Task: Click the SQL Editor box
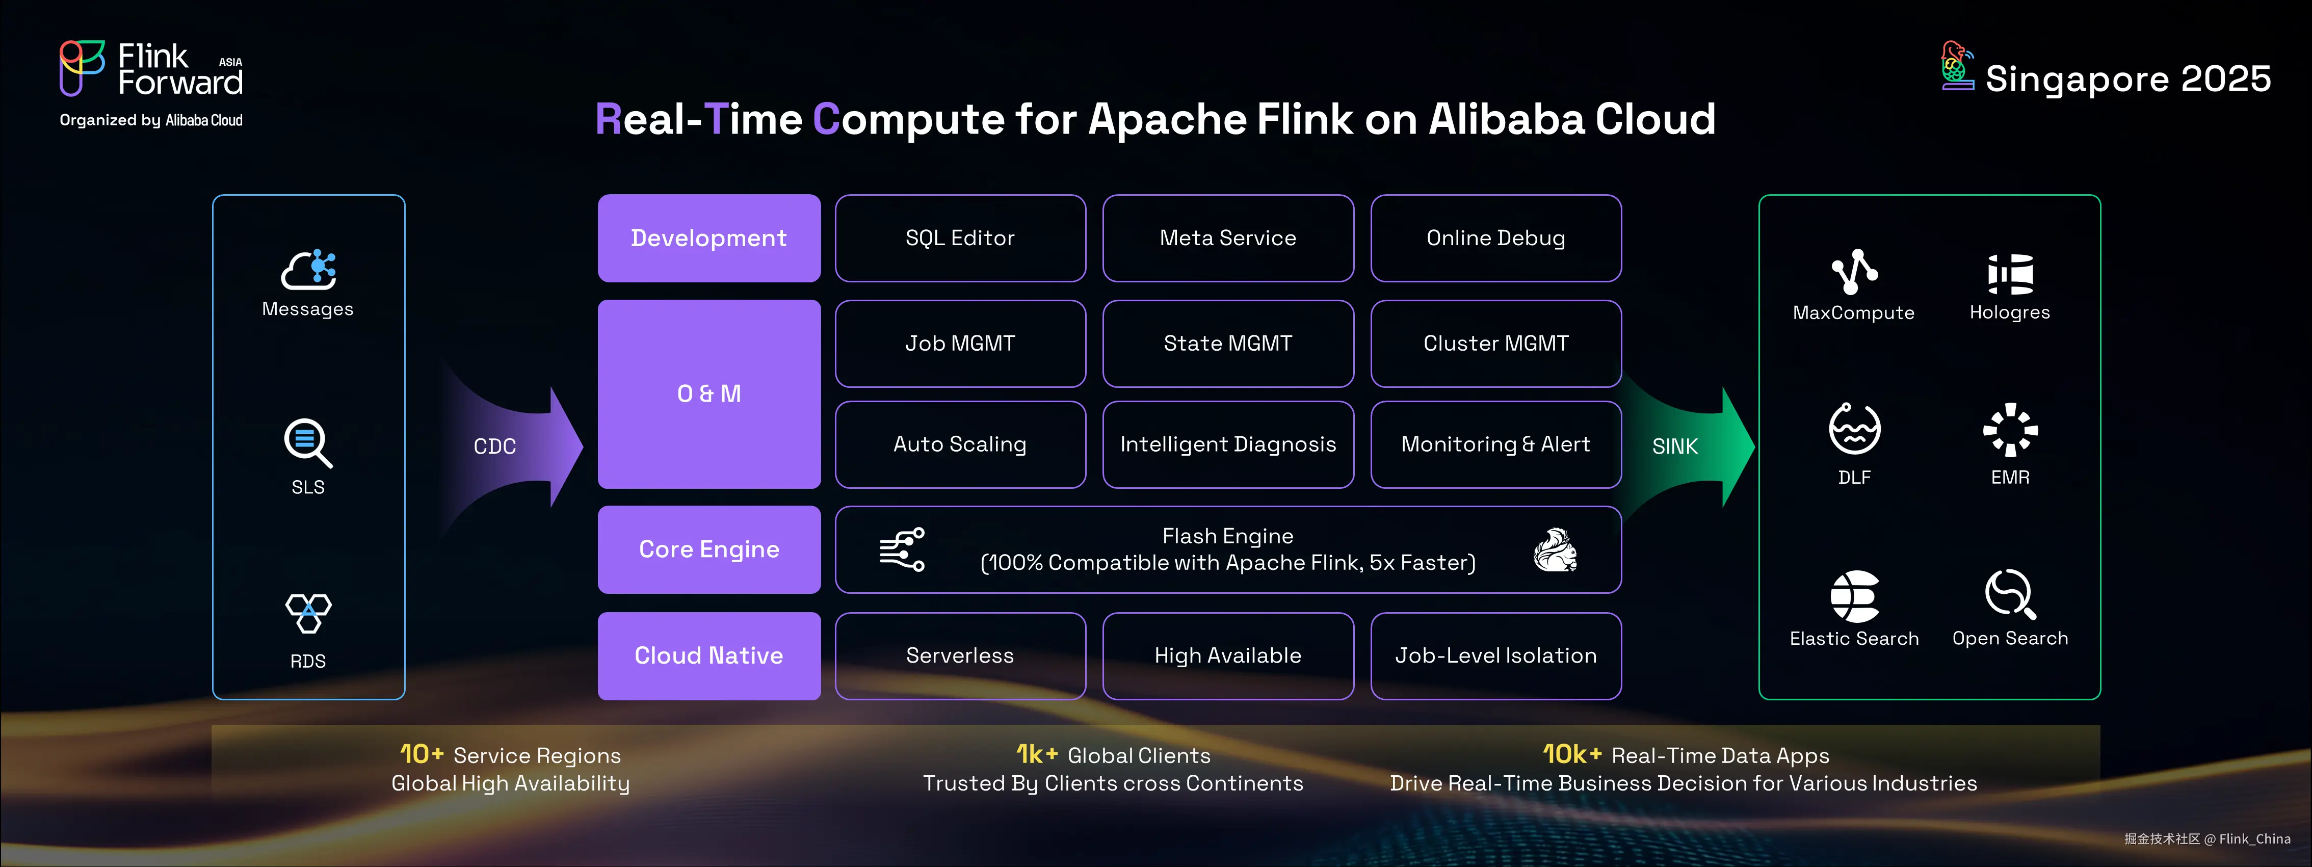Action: tap(959, 238)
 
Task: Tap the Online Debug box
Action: tap(1495, 238)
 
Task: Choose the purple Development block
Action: tap(709, 238)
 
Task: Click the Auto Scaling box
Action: tap(959, 444)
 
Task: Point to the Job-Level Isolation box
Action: tap(1495, 655)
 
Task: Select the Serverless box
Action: tap(959, 655)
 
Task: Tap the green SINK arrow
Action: tap(1687, 446)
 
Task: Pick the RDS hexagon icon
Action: tap(308, 613)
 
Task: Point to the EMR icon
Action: tap(2010, 430)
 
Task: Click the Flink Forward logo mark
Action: tap(82, 67)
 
